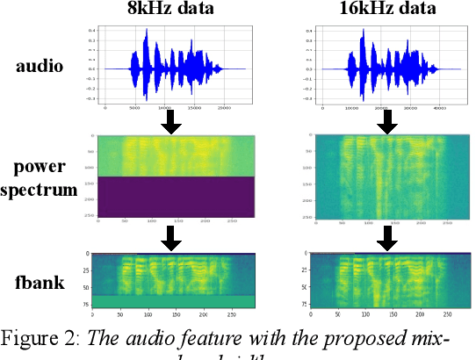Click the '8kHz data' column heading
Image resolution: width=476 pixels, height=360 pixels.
click(172, 11)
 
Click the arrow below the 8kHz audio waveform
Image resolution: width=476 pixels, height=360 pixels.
click(173, 123)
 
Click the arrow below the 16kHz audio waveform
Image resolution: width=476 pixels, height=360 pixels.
click(386, 123)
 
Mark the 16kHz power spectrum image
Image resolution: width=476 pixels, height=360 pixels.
click(387, 176)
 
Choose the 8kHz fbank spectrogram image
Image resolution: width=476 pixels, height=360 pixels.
click(175, 279)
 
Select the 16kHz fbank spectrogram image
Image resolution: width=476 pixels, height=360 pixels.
click(387, 279)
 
